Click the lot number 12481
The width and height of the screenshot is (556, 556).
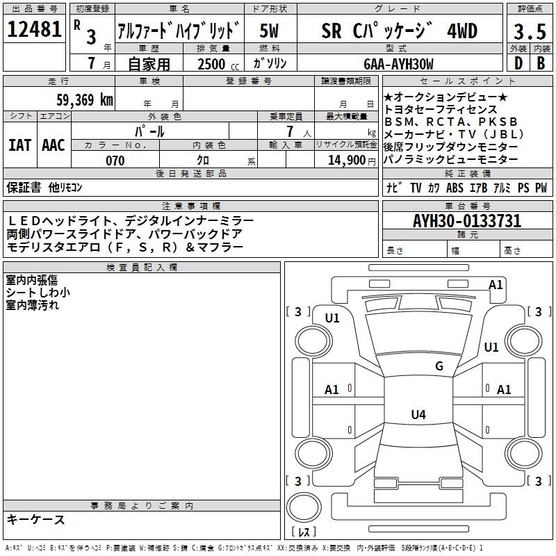34,29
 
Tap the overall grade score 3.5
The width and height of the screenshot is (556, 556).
530,31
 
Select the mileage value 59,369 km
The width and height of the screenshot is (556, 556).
85,100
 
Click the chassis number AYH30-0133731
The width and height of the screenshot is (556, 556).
467,221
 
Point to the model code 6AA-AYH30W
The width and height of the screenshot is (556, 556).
398,64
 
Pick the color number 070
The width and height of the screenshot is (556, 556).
115,161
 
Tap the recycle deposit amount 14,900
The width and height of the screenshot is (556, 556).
347,161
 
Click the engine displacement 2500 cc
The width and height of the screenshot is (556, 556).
218,64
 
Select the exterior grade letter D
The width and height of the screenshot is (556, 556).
518,63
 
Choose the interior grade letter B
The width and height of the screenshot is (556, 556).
541,63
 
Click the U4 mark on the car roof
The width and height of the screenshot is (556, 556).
418,414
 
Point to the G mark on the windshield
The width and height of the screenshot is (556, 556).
439,366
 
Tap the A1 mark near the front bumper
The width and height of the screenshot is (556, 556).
496,285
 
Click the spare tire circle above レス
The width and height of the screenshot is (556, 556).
304,507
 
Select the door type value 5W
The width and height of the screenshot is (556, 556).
269,31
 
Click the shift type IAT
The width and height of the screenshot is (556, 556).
19,145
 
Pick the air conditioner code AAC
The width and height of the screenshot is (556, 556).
54,145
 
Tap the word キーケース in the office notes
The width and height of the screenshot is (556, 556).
36,519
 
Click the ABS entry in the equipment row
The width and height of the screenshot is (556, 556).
455,188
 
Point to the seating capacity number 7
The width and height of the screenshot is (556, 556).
290,131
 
